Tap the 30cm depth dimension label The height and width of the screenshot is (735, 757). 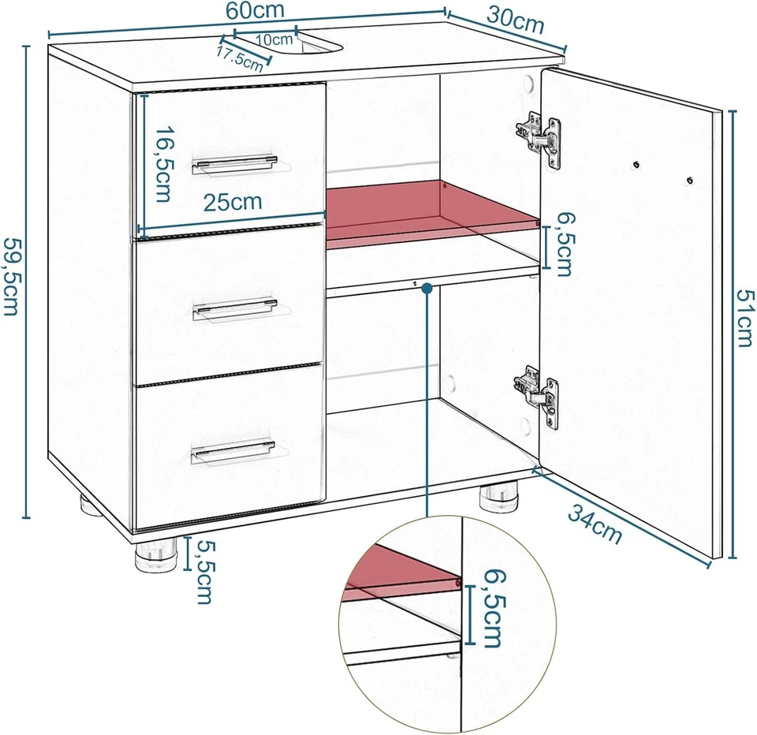[516, 21]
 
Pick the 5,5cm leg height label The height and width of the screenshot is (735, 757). [203, 571]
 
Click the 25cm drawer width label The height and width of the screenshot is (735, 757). [233, 201]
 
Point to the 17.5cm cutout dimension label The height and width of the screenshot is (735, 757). [239, 58]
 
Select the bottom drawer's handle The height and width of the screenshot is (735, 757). [233, 453]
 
